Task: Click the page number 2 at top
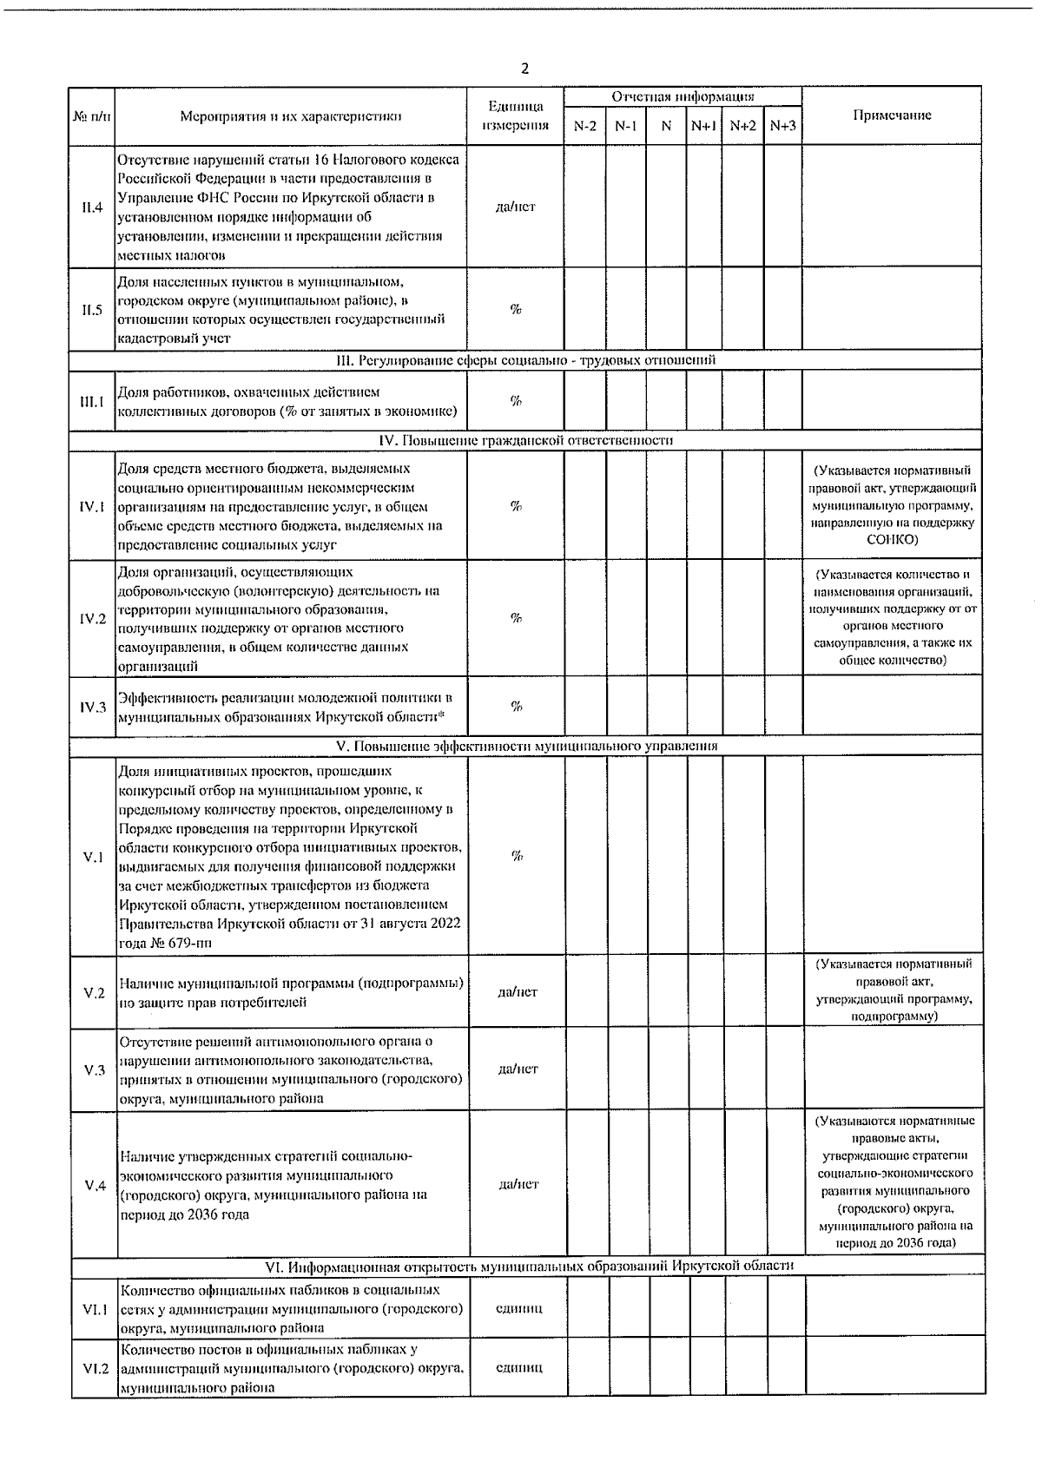point(524,69)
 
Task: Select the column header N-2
point(585,126)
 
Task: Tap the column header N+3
point(782,126)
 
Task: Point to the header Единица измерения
point(516,115)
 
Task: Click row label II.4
point(92,207)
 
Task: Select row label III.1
point(92,401)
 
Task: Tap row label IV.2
point(92,619)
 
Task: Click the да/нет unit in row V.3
point(518,1069)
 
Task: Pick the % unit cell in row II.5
point(516,310)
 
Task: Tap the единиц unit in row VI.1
point(518,1308)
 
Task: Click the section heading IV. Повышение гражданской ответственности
point(526,440)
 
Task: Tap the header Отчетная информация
point(683,96)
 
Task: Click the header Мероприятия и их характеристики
point(291,115)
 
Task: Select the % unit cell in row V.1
point(517,857)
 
